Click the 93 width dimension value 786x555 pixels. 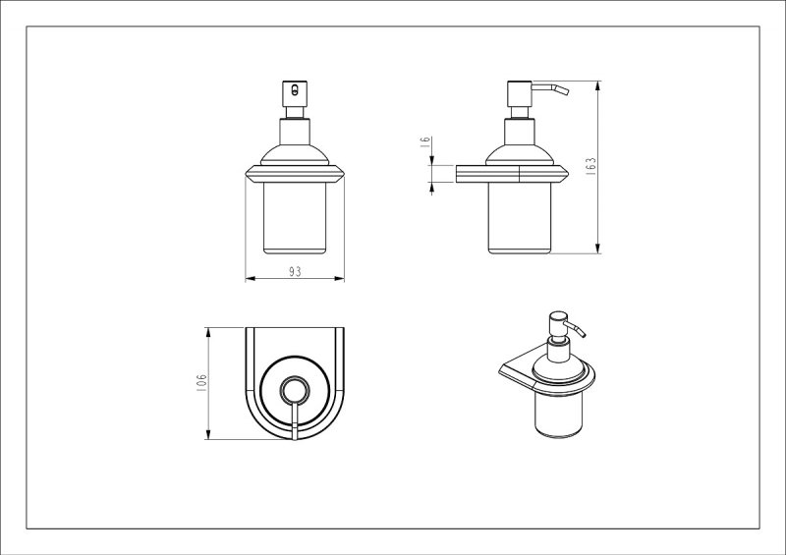click(295, 271)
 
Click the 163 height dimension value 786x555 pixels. click(591, 166)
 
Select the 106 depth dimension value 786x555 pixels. click(201, 383)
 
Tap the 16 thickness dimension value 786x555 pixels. click(425, 141)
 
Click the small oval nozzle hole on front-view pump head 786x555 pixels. click(295, 90)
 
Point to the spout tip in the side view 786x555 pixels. click(567, 90)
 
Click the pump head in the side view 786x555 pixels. click(520, 93)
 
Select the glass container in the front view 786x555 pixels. click(295, 218)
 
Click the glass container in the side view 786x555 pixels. click(520, 218)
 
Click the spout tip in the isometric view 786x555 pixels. click(583, 333)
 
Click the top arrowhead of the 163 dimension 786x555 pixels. click(597, 86)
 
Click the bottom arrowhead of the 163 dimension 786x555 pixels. click(597, 249)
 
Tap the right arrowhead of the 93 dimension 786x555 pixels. click(339, 278)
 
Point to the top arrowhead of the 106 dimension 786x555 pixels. click(207, 333)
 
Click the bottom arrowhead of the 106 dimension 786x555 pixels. click(207, 434)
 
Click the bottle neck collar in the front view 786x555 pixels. click(295, 132)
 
